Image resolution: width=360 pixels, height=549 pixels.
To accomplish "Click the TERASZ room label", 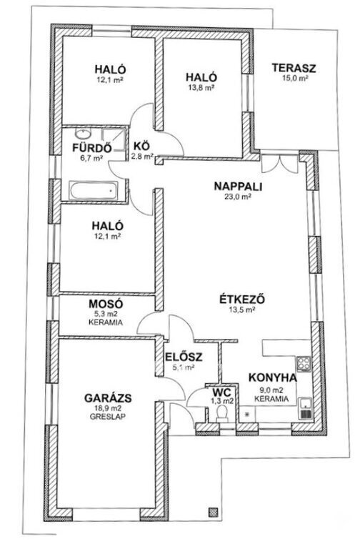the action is (294, 68).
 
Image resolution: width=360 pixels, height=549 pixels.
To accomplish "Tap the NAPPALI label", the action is (238, 187).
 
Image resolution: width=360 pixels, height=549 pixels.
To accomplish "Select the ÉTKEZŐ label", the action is (242, 300).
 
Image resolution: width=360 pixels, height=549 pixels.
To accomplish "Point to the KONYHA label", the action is (273, 377).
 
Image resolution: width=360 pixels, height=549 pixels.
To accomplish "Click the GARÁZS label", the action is (108, 398).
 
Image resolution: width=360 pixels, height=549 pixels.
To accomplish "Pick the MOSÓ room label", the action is (106, 304).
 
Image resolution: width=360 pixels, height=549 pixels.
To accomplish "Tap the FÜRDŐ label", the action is (92, 148).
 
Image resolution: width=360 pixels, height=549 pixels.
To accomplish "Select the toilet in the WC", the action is (222, 413).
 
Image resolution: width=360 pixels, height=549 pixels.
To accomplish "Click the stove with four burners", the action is (304, 365).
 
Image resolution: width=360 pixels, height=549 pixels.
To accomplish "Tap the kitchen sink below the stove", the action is (305, 408).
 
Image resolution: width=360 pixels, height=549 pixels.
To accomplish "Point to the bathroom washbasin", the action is (84, 134).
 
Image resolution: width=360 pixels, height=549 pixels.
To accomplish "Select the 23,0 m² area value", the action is (238, 197).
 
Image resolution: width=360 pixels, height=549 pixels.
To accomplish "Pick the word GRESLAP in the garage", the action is (108, 417).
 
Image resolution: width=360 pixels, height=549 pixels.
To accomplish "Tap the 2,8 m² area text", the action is (142, 157).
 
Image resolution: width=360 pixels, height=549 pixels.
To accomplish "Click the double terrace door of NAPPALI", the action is (280, 163).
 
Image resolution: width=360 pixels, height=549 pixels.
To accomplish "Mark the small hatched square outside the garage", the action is (213, 512).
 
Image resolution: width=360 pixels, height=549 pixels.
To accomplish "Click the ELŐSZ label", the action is (184, 357).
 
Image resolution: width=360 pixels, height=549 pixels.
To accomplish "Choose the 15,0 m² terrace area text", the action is (295, 78).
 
